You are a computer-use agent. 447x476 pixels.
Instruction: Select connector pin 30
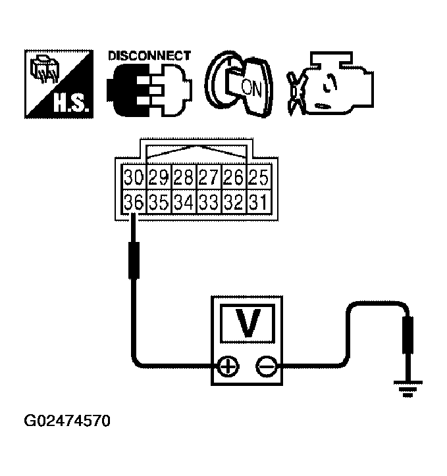click(x=134, y=178)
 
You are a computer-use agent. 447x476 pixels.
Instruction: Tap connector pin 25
click(x=257, y=178)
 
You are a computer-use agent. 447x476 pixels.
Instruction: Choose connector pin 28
click(x=182, y=178)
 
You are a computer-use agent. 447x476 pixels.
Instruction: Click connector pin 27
click(x=207, y=178)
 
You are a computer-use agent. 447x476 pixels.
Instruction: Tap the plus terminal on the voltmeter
click(x=227, y=366)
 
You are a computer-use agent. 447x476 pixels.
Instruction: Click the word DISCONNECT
click(x=149, y=56)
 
